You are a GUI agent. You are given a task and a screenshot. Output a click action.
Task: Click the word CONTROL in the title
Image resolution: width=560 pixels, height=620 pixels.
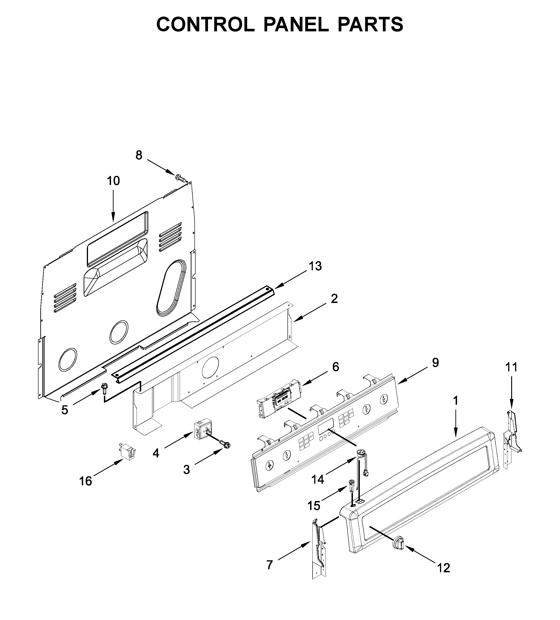click(205, 25)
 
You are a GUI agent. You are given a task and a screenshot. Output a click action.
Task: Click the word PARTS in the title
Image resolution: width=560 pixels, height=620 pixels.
click(370, 25)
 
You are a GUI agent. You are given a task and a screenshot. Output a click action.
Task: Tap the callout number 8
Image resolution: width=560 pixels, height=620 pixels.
click(139, 156)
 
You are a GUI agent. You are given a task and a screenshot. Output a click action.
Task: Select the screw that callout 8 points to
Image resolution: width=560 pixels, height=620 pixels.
click(181, 178)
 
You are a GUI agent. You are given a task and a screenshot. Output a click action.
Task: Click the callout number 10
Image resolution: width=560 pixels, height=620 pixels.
click(113, 181)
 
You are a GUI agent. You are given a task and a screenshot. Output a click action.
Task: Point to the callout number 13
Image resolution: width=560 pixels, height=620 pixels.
click(315, 266)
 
